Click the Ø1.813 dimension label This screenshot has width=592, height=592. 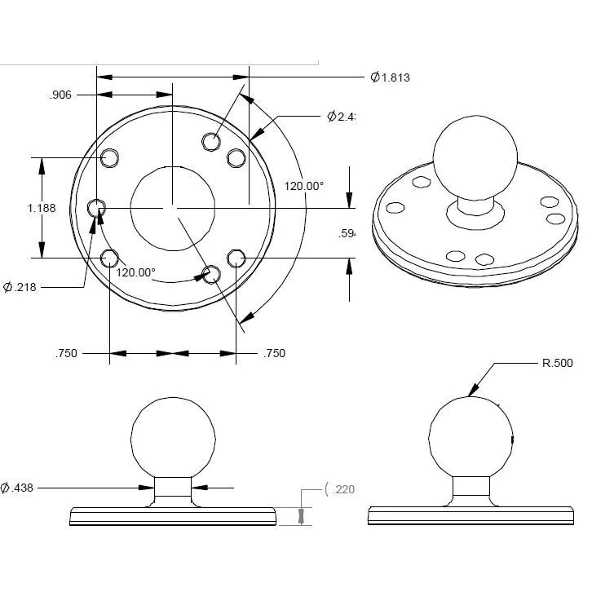(x=390, y=78)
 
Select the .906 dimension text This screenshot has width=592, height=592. (x=61, y=95)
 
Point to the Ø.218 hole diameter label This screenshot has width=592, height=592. (x=24, y=287)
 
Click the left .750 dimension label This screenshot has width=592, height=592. (x=66, y=354)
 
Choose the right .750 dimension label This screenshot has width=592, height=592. (x=274, y=354)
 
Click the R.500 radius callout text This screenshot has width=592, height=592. (x=559, y=364)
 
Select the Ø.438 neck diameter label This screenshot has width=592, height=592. (x=19, y=488)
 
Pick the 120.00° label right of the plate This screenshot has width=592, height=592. (x=303, y=186)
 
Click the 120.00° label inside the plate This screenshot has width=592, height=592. (x=135, y=272)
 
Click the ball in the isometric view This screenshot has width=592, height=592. (x=475, y=156)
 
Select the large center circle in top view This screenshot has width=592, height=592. (x=172, y=208)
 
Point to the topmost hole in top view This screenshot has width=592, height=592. (x=211, y=141)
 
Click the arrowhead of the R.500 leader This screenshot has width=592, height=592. (x=471, y=395)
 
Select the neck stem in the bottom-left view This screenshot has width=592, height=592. (x=174, y=489)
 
